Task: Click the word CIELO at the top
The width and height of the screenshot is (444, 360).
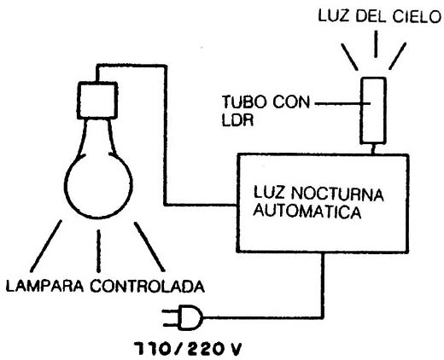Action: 417,16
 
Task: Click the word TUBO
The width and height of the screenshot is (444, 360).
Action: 244,102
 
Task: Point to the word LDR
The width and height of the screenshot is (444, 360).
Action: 237,120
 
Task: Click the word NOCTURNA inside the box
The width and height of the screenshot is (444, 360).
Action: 337,195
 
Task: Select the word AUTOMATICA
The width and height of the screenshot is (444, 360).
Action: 307,212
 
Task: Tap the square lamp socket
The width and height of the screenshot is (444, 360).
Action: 97,100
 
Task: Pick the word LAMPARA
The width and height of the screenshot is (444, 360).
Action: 45,286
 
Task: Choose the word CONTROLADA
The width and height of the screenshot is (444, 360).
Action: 148,286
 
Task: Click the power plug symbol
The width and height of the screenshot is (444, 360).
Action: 183,317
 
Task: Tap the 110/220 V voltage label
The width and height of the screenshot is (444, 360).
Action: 188,349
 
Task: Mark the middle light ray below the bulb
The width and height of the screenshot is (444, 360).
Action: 98,251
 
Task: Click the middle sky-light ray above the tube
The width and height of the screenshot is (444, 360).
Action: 376,44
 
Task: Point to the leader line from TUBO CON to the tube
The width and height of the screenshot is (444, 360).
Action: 342,103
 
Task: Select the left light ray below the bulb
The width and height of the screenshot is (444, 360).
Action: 46,246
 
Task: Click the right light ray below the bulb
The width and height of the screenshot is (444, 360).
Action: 149,247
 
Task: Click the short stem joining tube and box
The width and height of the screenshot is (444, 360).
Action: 373,149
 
